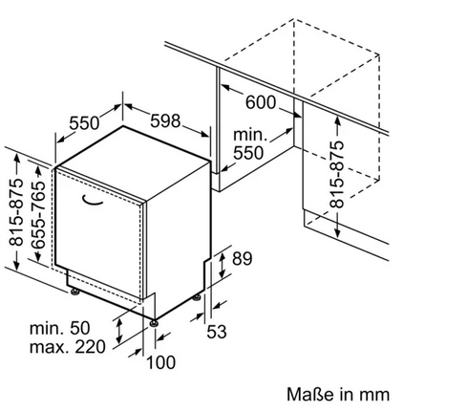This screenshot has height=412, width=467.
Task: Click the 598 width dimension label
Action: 165,120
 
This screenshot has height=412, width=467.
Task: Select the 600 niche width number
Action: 261,102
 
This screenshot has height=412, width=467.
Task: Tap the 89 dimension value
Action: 242,258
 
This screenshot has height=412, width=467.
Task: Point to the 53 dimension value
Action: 217,332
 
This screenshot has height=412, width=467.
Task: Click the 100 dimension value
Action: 160,362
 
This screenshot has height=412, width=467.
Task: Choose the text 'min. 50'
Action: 60,328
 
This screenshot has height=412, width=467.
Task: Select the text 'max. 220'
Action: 67,347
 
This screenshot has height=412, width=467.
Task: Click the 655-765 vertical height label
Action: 39,215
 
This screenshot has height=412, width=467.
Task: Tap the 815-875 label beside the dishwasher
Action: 16,212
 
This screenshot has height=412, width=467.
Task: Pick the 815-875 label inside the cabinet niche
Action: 337,174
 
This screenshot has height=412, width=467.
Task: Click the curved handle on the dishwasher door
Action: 93,200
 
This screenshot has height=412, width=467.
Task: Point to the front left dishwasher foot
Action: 74,292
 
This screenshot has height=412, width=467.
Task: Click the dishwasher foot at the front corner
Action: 155,322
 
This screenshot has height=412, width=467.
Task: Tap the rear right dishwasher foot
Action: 197,297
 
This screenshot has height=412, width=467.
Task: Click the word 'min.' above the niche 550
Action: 250,135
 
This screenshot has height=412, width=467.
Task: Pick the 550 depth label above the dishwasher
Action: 84,123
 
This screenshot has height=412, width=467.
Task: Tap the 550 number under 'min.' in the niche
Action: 248,153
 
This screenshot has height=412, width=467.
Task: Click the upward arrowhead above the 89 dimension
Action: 223,255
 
